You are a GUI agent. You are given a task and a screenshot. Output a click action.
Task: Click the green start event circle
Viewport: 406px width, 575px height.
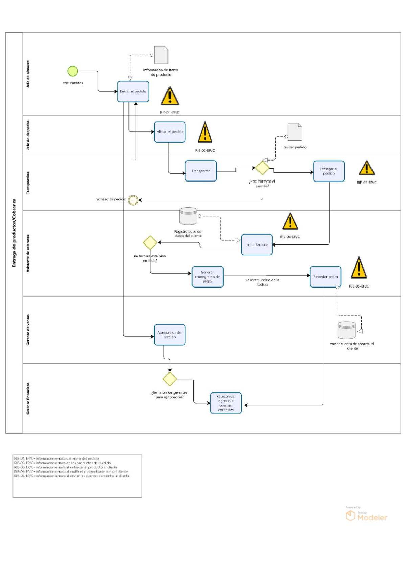pyautogui.click(x=73, y=71)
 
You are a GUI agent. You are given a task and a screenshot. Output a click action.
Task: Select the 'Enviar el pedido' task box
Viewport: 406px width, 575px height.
pyautogui.click(x=133, y=91)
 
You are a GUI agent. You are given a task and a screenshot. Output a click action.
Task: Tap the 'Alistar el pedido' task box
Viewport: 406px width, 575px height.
pyautogui.click(x=170, y=132)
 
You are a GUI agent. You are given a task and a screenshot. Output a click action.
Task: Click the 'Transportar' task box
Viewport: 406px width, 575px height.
pyautogui.click(x=201, y=171)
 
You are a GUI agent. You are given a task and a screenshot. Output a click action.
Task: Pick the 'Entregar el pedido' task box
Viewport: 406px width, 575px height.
pyautogui.click(x=329, y=171)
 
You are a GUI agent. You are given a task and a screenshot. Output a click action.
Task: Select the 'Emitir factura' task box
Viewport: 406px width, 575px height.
pyautogui.click(x=256, y=244)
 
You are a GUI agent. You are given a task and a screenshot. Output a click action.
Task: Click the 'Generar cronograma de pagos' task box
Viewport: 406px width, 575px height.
pyautogui.click(x=207, y=277)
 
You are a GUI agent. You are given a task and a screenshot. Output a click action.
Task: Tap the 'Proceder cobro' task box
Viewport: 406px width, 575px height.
pyautogui.click(x=325, y=277)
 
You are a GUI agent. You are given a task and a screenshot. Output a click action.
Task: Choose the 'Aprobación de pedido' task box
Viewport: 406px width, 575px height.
pyautogui.click(x=170, y=335)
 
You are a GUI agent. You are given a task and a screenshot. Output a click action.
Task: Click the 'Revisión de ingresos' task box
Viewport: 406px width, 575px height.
pyautogui.click(x=226, y=403)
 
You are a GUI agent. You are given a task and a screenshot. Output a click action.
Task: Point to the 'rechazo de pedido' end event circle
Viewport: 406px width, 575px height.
pyautogui.click(x=133, y=200)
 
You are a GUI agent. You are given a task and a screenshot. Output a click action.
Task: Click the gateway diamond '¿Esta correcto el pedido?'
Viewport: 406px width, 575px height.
pyautogui.click(x=262, y=168)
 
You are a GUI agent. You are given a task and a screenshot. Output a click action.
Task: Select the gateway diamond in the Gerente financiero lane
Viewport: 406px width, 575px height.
pyautogui.click(x=170, y=379)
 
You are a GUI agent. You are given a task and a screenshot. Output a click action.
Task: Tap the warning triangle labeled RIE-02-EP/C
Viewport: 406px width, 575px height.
pyautogui.click(x=205, y=133)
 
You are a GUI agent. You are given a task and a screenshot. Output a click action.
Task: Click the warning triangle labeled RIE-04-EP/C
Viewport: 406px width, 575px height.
pyautogui.click(x=290, y=222)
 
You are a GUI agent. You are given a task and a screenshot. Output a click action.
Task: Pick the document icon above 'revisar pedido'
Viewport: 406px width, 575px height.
pyautogui.click(x=294, y=132)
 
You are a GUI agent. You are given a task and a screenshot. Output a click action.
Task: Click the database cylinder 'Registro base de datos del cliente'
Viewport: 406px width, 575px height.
pyautogui.click(x=188, y=216)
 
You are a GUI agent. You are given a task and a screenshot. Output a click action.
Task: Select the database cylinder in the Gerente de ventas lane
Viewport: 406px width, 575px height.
pyautogui.click(x=346, y=330)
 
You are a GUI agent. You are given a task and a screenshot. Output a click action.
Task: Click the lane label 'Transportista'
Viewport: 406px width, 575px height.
pyautogui.click(x=28, y=183)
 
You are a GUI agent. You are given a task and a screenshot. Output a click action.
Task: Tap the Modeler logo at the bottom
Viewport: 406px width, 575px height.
pyautogui.click(x=366, y=516)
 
